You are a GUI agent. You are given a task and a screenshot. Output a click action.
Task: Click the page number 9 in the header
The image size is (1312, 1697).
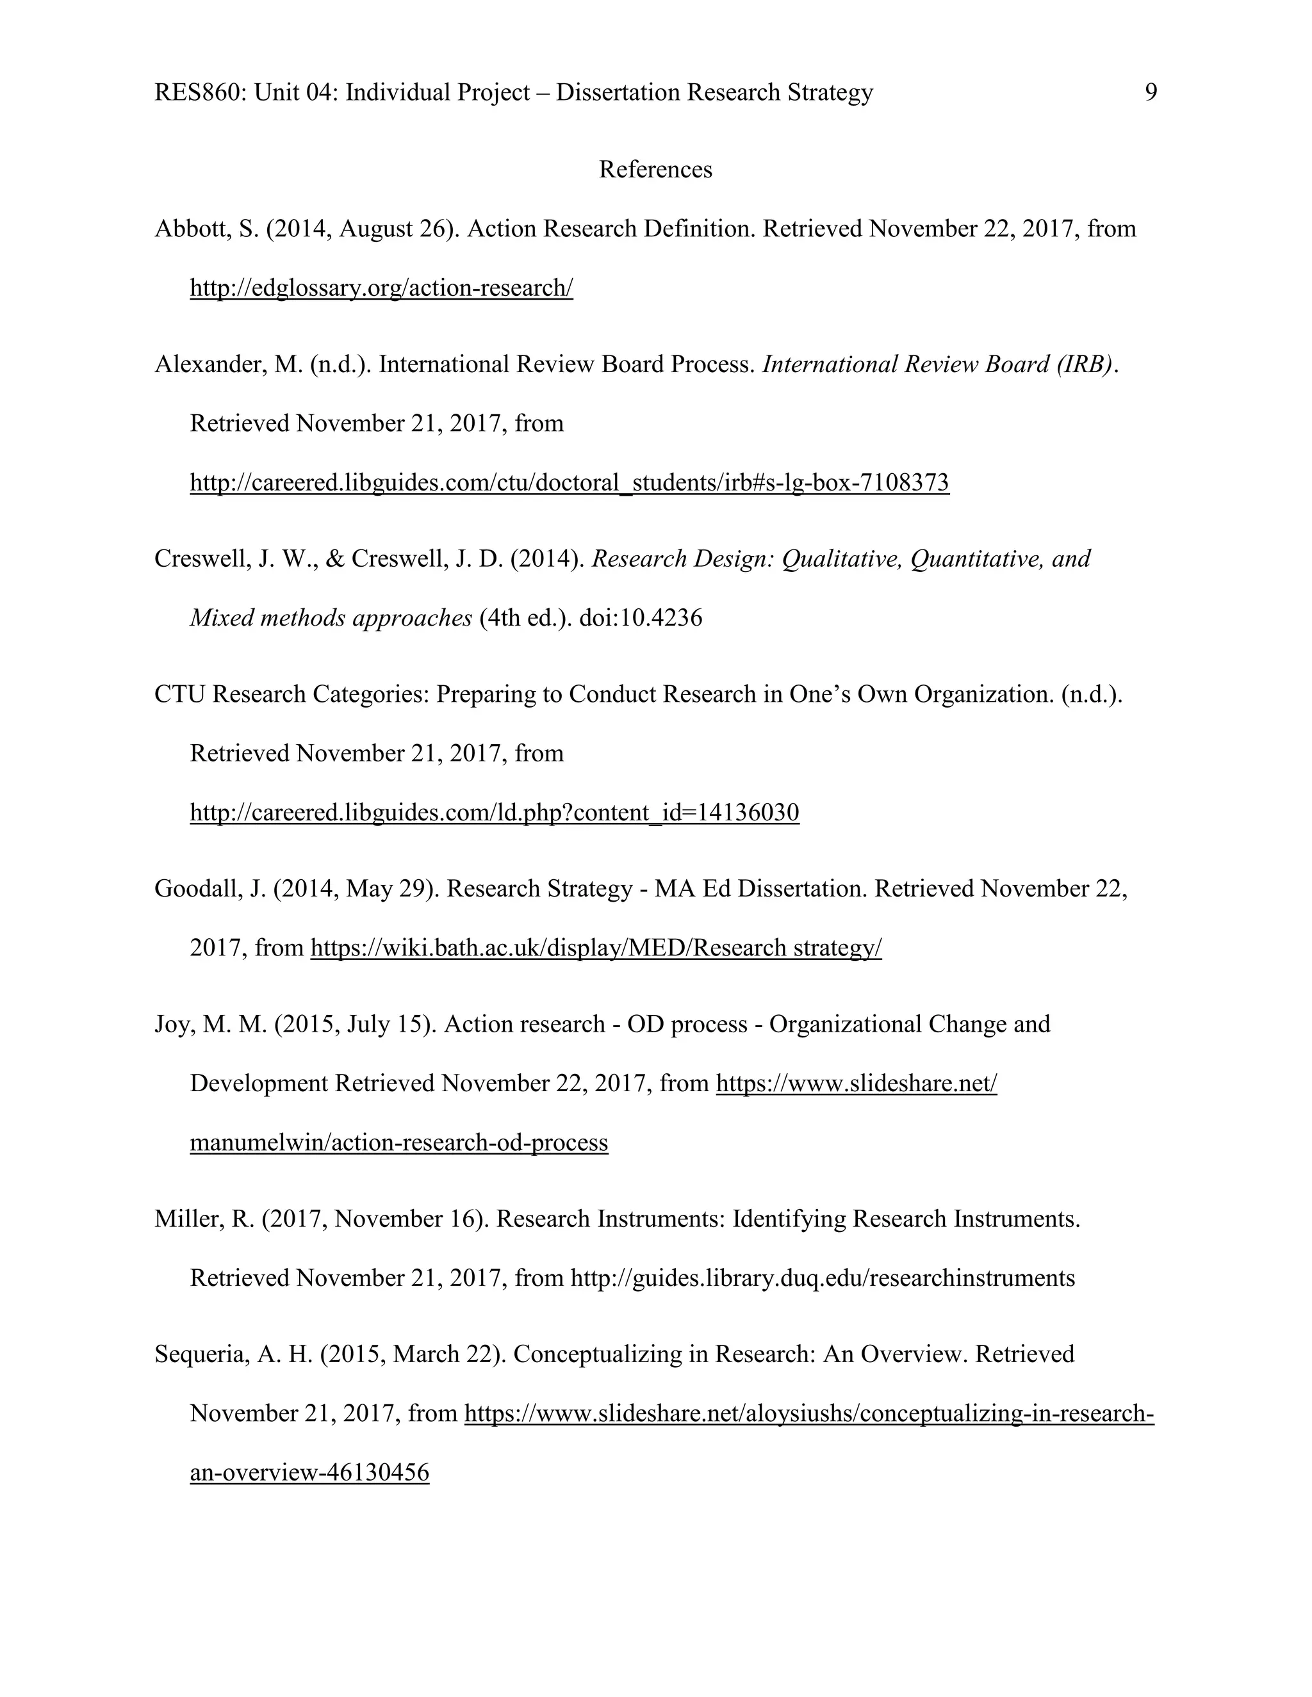coord(1151,92)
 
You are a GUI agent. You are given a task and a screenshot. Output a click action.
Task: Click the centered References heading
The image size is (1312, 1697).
coord(655,170)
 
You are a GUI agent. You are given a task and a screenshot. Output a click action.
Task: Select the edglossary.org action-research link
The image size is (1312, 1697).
coord(381,288)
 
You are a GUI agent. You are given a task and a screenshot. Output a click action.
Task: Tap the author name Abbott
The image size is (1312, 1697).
coord(191,229)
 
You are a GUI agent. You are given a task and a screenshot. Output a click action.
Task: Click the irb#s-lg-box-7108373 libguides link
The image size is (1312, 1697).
coord(569,483)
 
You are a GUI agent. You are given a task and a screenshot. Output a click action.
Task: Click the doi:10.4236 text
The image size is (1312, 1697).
coord(641,618)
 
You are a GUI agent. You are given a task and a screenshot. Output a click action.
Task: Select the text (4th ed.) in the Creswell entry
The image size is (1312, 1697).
coord(525,618)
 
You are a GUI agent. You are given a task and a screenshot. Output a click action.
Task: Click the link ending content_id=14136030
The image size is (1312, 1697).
coord(495,813)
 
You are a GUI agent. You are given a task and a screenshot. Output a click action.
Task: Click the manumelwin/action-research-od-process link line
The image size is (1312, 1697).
coord(398,1142)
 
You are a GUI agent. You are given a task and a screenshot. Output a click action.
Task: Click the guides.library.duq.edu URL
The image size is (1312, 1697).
coord(823,1278)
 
